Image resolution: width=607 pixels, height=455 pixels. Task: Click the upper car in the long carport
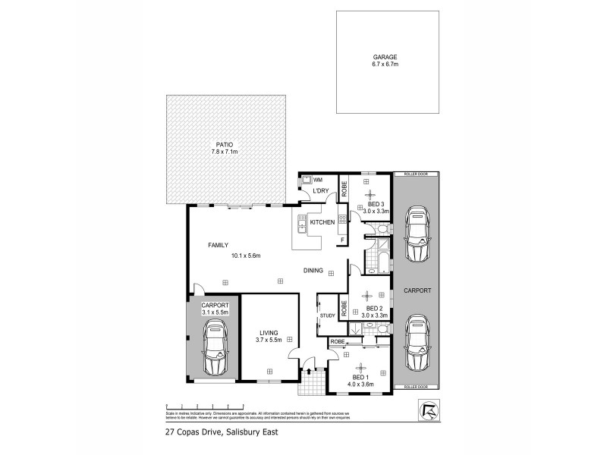point(417,234)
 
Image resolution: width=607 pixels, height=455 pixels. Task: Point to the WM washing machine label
point(318,180)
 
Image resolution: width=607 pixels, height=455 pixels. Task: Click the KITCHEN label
point(322,222)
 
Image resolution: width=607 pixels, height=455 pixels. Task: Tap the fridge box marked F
point(342,240)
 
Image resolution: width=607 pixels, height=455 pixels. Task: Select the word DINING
point(313,271)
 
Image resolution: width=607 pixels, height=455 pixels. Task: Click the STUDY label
point(327,315)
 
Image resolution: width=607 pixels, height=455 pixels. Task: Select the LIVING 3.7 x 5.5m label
point(268,336)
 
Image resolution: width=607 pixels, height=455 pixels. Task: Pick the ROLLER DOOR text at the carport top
point(417,174)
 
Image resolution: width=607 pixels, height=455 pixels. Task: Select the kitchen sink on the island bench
point(301,224)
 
